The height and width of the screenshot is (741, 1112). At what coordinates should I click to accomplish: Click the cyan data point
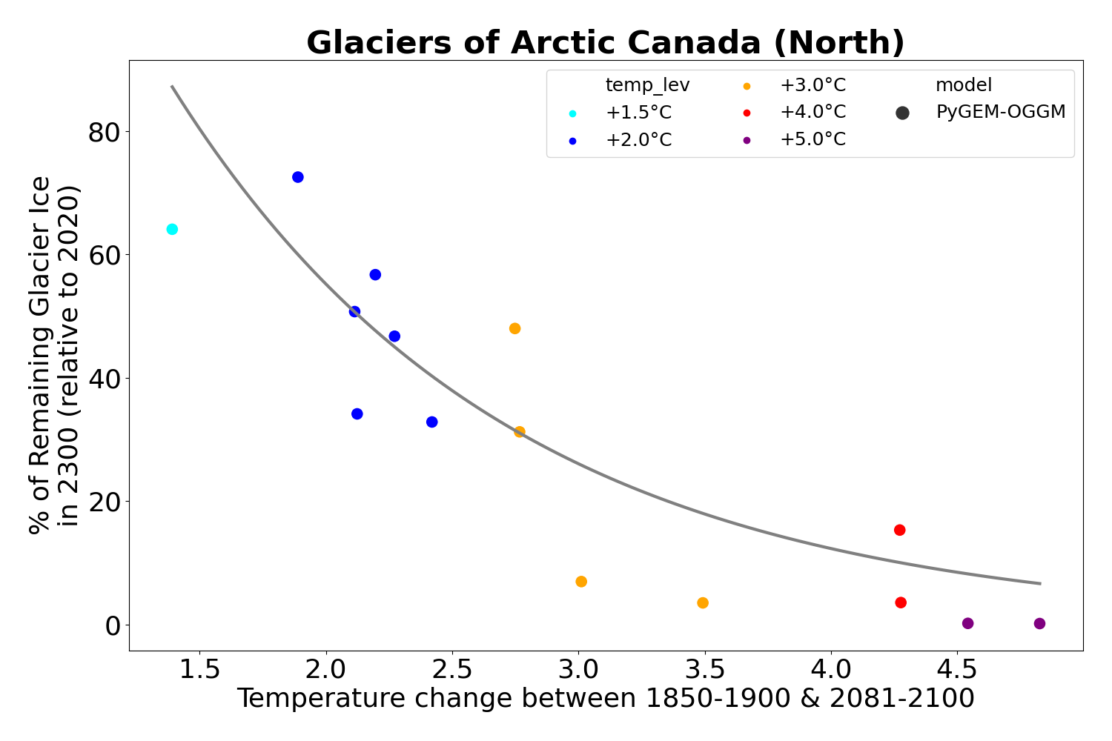point(172,229)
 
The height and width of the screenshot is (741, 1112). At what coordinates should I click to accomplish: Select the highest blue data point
point(298,177)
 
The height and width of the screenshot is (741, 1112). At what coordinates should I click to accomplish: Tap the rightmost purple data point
point(1039,624)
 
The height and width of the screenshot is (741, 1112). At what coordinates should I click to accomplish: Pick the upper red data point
point(900,530)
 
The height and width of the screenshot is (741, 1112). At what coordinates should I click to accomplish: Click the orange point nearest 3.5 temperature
point(703,603)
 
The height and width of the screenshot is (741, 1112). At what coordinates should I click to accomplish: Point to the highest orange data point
point(514,328)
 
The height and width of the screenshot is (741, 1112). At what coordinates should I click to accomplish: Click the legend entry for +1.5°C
point(638,113)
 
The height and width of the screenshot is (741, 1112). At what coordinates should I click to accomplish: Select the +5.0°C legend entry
point(812,139)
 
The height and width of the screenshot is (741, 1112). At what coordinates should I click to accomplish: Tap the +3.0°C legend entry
point(812,85)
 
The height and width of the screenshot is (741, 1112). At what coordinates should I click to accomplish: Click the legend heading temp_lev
point(647,85)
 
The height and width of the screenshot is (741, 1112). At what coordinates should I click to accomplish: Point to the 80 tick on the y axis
point(104,132)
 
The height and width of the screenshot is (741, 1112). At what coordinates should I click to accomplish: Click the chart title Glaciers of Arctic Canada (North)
point(605,43)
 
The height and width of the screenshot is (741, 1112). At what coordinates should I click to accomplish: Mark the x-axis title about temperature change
point(605,699)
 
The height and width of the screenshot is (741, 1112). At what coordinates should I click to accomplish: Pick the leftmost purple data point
point(967,623)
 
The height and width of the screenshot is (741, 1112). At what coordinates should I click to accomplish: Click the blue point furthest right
point(431,422)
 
